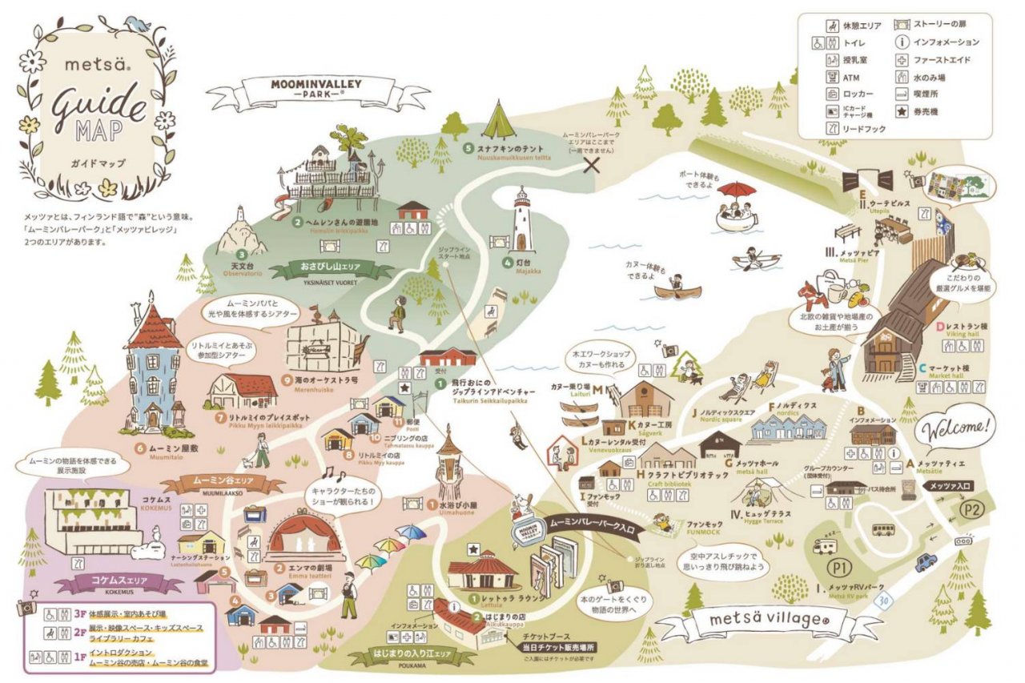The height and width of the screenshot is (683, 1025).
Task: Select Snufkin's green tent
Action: click(x=499, y=122)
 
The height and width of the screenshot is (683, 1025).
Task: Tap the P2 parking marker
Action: click(x=971, y=510)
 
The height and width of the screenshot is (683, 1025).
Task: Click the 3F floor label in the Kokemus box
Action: click(x=79, y=614)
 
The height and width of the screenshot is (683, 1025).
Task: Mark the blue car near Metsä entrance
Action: click(x=926, y=562)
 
